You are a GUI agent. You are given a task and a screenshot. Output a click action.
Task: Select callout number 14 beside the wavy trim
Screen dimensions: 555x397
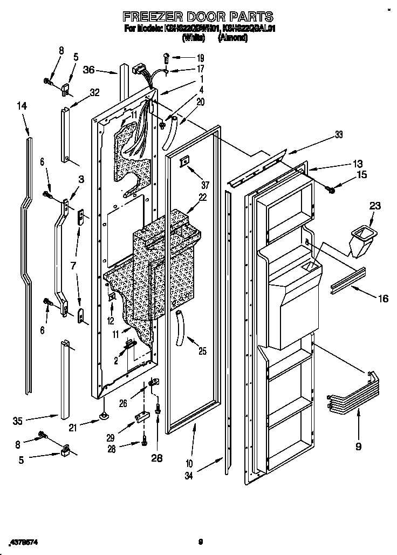pos(22,107)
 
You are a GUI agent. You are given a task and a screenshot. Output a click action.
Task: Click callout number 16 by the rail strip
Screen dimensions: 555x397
pos(383,298)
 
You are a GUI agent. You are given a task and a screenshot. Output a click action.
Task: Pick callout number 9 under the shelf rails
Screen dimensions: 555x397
pos(358,446)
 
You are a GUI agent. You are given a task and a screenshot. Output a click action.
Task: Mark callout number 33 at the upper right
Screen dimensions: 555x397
pos(338,136)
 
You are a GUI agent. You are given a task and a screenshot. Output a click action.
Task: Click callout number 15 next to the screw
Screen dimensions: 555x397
pos(361,174)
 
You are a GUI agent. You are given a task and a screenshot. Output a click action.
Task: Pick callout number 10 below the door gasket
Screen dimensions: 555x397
pos(189,463)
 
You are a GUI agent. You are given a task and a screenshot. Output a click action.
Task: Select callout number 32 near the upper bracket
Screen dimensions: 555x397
pos(95,92)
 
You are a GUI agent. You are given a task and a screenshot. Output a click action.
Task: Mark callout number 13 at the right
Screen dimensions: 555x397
pos(358,164)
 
